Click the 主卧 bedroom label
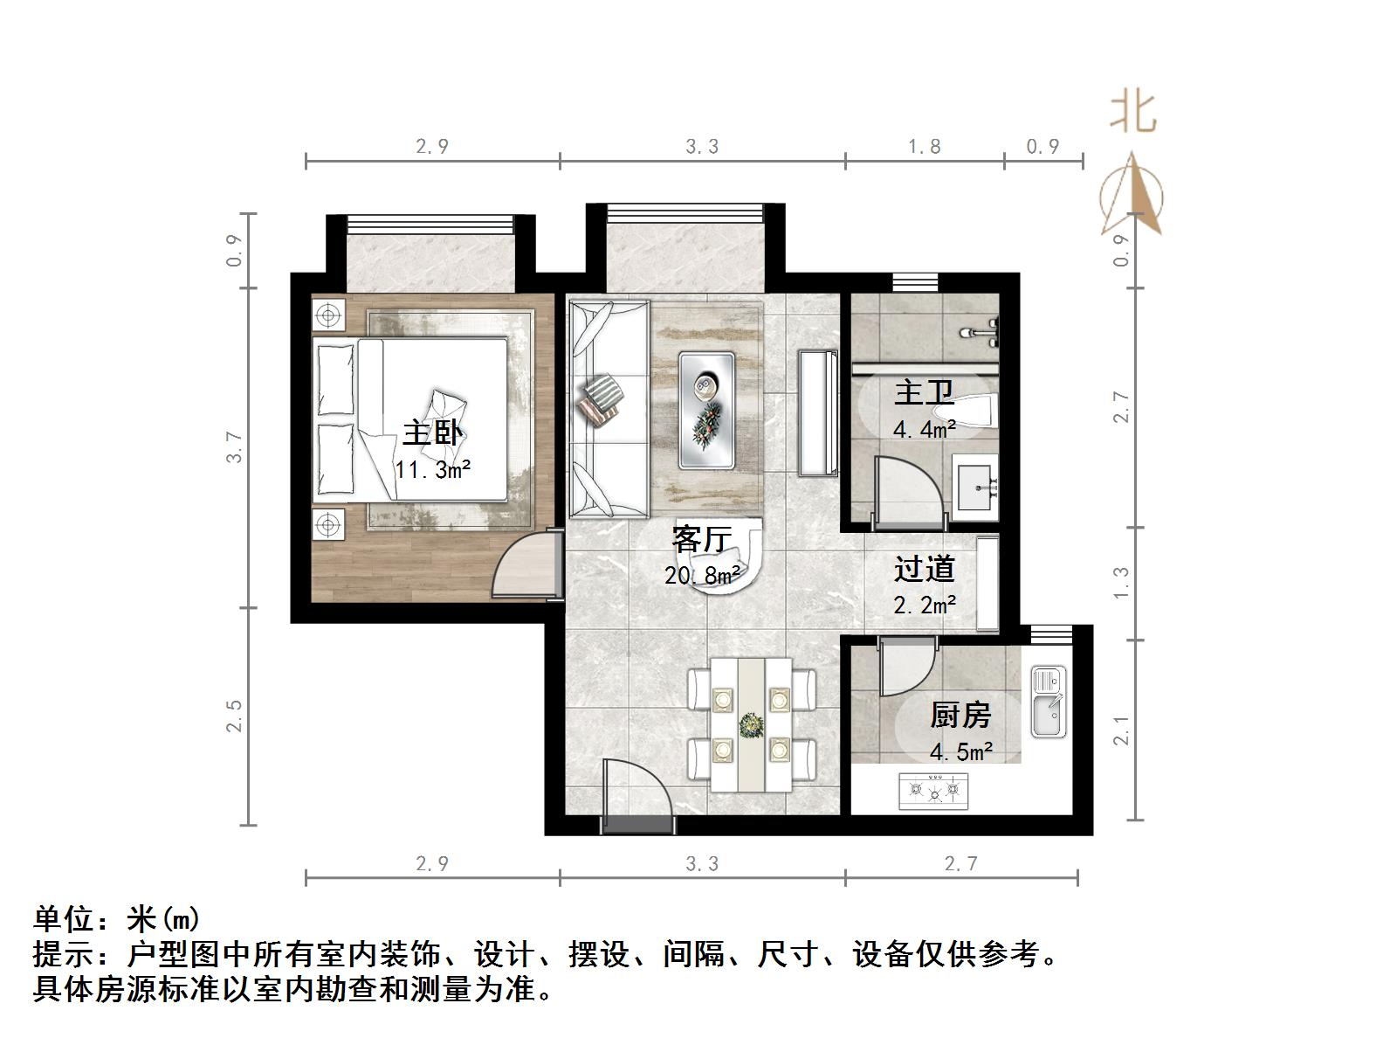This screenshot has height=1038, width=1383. (432, 433)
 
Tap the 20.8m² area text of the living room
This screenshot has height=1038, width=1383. (702, 575)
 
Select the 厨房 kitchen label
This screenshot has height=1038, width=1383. (960, 715)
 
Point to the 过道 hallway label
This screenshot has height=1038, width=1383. (924, 570)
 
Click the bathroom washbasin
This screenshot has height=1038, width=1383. (975, 486)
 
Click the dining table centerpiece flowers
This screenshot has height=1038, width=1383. (750, 724)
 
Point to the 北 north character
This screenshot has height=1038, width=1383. (1133, 113)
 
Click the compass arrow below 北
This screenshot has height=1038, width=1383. (1132, 196)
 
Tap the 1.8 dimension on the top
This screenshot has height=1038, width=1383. (924, 147)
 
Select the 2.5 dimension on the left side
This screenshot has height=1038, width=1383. (234, 716)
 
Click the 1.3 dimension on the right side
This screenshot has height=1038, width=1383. (1122, 583)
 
